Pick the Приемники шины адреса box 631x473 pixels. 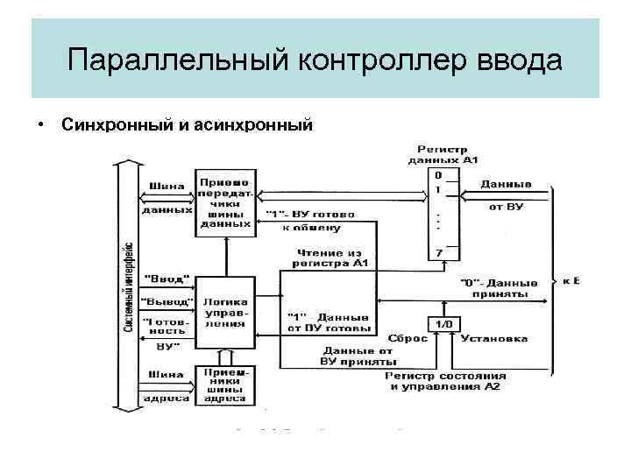tap(225, 385)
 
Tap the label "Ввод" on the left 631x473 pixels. tap(166, 279)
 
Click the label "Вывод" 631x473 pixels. tap(166, 300)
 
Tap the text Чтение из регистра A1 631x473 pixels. tap(330, 258)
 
